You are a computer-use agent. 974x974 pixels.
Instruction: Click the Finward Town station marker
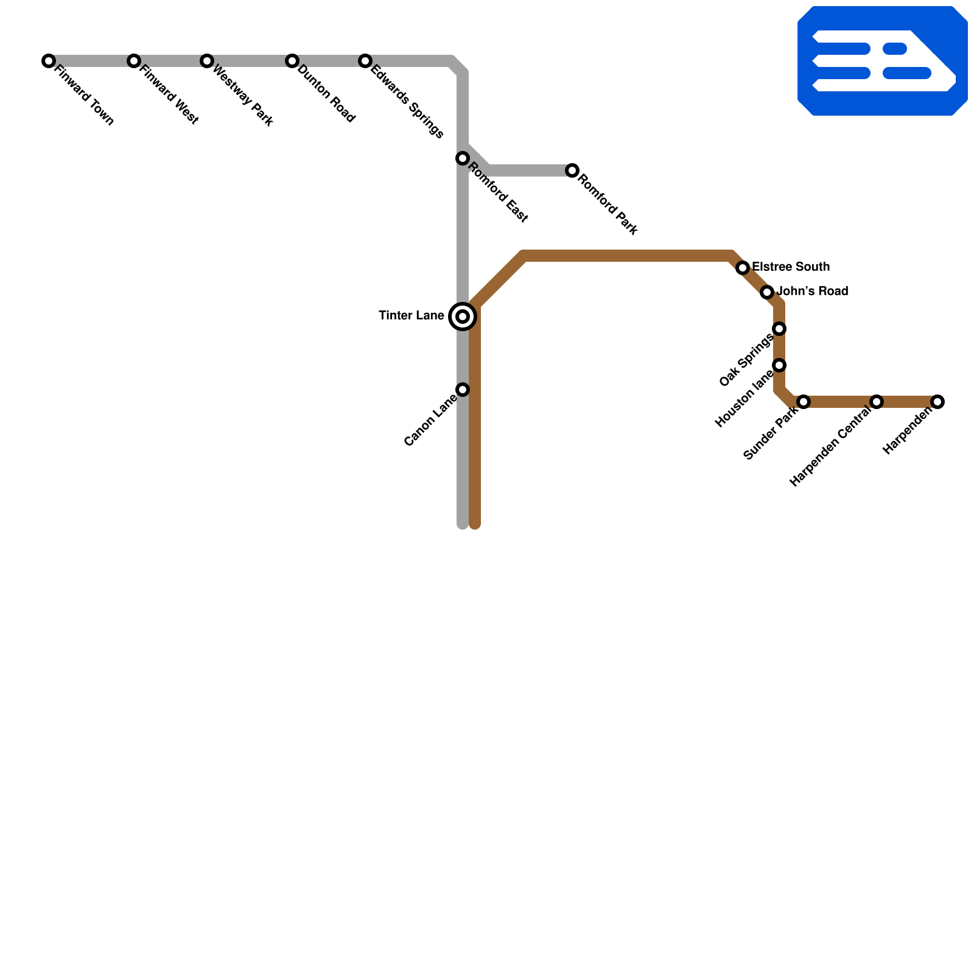[x=49, y=61]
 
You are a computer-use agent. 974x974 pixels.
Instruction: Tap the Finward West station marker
[x=134, y=61]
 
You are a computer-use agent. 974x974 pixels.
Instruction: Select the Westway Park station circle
[x=207, y=61]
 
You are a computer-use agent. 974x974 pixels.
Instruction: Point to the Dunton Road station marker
[x=292, y=61]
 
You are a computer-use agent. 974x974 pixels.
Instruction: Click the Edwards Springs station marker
[x=365, y=61]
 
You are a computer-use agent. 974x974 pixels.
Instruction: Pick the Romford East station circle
[x=463, y=158]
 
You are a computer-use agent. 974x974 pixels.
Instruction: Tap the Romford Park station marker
[x=572, y=170]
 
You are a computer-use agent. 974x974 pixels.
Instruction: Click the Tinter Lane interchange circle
[x=463, y=317]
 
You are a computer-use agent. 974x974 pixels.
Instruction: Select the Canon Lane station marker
[x=463, y=390]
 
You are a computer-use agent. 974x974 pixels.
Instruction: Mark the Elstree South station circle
[x=743, y=268]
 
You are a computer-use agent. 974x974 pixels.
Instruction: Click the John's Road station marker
[x=767, y=292]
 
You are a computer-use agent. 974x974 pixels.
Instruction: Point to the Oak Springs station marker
[x=779, y=329]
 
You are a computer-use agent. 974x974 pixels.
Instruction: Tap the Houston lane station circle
[x=779, y=365]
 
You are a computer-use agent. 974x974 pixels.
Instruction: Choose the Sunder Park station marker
[x=804, y=402]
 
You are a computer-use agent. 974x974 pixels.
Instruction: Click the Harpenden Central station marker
[x=877, y=402]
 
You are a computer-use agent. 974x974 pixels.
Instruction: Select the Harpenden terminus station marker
[x=937, y=402]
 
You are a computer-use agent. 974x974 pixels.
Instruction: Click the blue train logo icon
[x=883, y=61]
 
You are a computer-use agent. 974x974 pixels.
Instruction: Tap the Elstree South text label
[x=791, y=267]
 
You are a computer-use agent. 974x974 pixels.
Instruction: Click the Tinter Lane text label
[x=412, y=316]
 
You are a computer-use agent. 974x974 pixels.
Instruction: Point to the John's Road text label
[x=812, y=292]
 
